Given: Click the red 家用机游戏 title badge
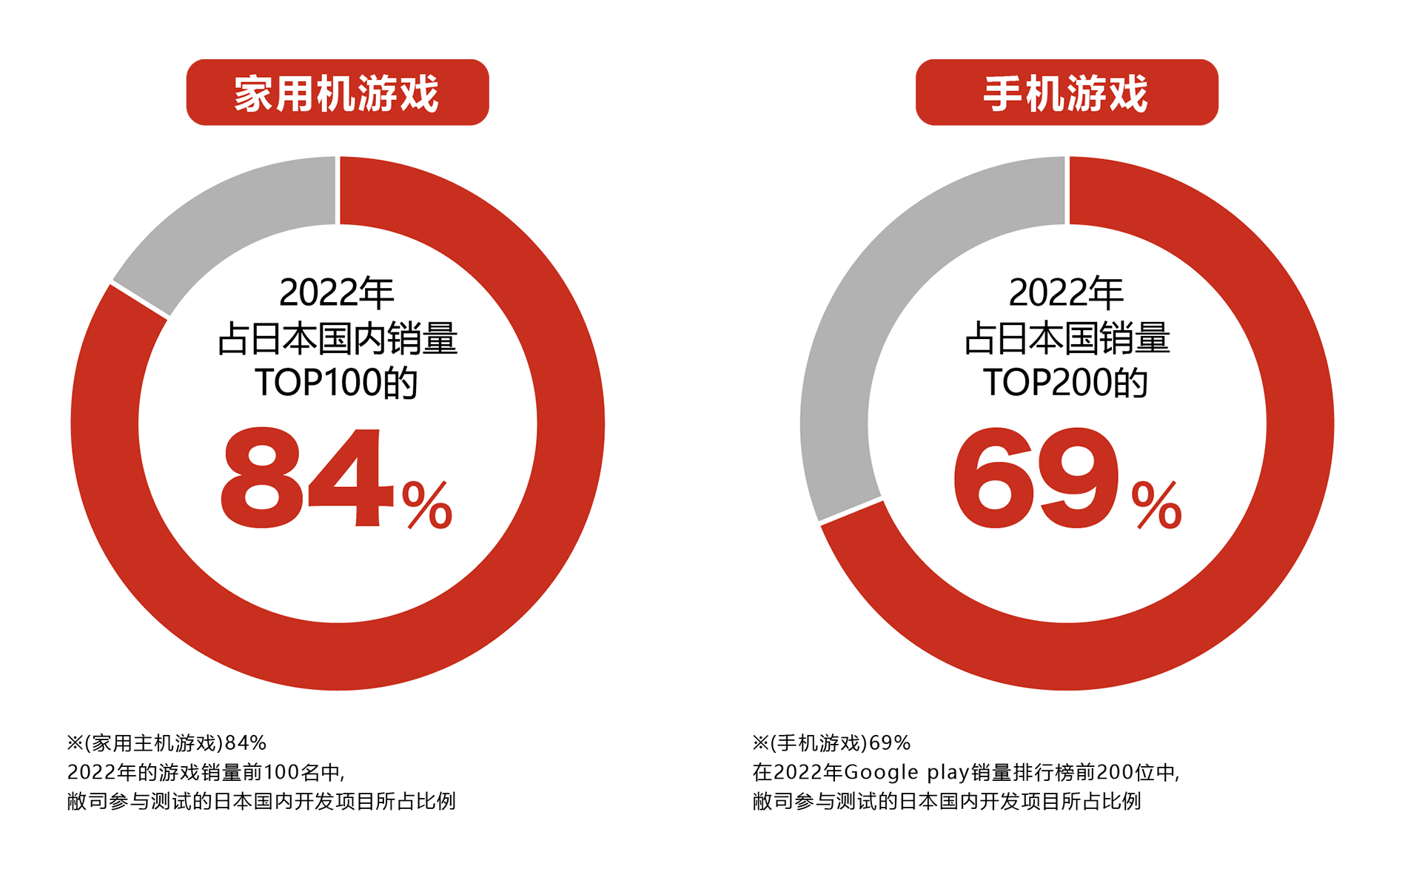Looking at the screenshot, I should (x=338, y=93).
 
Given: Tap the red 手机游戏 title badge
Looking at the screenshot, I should (x=1067, y=93).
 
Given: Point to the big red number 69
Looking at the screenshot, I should (x=1035, y=477).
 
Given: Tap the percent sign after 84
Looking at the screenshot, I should (x=427, y=505).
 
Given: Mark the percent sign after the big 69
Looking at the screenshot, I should (x=1156, y=505).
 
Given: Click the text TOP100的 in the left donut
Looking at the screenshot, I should (x=337, y=383).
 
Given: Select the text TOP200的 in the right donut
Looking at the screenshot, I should (x=1066, y=383).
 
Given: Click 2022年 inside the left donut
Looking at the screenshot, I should (x=337, y=292).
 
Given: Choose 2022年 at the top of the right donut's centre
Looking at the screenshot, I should (x=1066, y=292).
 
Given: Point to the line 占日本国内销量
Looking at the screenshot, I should (x=338, y=338).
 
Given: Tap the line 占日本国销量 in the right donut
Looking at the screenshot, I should (x=1067, y=338).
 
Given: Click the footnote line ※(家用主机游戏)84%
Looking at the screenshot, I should (x=167, y=743).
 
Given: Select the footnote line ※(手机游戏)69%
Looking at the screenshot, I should (x=831, y=743).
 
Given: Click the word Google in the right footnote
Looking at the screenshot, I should (x=881, y=773).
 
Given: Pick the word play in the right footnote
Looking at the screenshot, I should (x=948, y=773).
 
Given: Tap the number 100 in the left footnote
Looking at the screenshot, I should (x=281, y=773).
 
